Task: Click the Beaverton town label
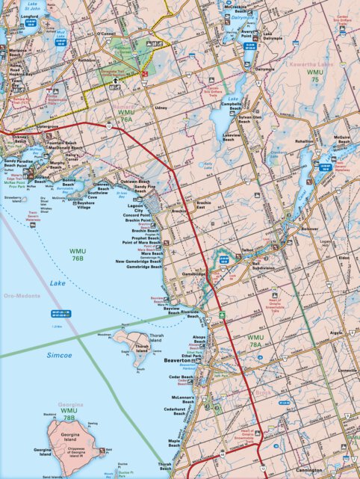pos(179,361)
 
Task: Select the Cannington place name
pos(324,470)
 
